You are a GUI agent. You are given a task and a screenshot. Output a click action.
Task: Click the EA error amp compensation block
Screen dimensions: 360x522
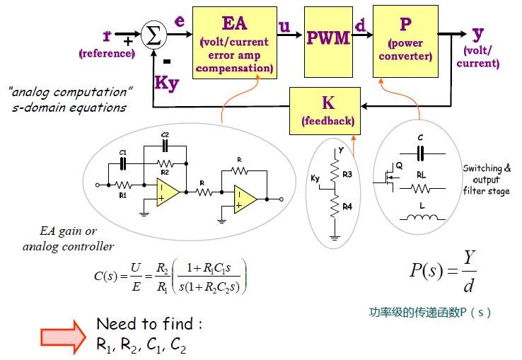pos(234,43)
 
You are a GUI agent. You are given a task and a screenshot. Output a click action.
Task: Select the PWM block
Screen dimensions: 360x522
pos(328,39)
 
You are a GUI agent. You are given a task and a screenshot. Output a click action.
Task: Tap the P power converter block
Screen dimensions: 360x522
pos(405,40)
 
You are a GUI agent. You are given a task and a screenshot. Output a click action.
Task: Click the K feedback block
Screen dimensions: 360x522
pos(327,110)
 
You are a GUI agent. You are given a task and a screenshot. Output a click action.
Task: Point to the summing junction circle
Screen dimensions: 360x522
pos(152,35)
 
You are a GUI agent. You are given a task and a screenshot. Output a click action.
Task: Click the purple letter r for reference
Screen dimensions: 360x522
pos(106,35)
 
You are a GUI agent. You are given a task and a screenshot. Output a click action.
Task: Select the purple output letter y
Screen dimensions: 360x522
pos(478,34)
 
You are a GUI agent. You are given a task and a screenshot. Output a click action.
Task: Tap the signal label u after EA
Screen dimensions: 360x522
pos(284,27)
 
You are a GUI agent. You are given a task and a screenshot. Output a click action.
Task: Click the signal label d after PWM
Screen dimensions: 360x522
pos(361,27)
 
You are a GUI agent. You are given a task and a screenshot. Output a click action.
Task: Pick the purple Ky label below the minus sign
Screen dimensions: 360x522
pos(167,82)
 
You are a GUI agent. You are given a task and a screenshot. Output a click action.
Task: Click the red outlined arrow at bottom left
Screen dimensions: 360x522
pos(64,332)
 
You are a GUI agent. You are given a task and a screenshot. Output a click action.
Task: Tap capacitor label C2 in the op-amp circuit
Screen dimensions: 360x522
pos(165,134)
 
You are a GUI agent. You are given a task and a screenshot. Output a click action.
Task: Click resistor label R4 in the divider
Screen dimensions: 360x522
pos(346,207)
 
